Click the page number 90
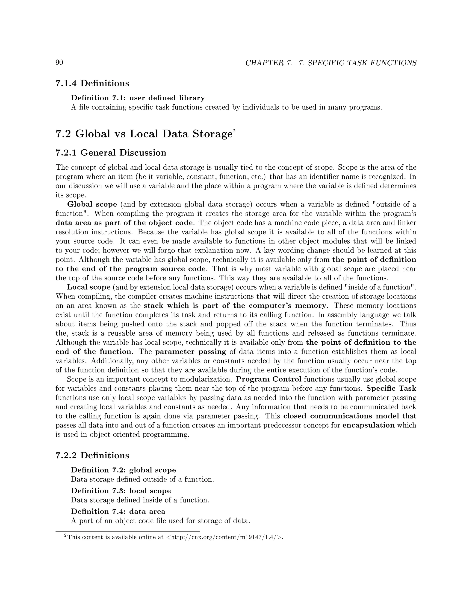click(59, 62)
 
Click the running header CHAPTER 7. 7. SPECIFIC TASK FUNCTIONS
click(331, 63)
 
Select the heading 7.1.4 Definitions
click(92, 83)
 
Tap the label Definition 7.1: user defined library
click(138, 98)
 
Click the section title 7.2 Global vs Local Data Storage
click(144, 134)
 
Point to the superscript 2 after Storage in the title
click(234, 131)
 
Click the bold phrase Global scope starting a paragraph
click(92, 204)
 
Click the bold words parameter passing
click(190, 352)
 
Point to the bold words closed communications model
click(341, 416)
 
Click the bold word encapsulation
click(368, 425)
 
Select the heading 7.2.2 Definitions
click(92, 455)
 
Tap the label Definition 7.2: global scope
click(123, 470)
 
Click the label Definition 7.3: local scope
click(121, 491)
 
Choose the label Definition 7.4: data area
click(118, 511)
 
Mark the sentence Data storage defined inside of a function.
click(140, 500)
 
